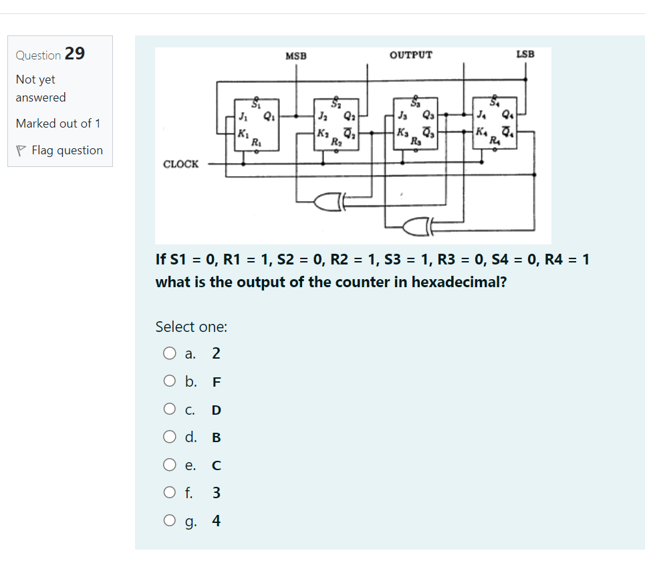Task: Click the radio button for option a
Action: coord(169,353)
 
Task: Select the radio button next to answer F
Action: coord(169,382)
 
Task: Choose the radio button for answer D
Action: coord(169,409)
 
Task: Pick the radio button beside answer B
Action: coord(169,437)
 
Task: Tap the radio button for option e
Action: coord(169,465)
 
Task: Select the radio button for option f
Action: coord(169,493)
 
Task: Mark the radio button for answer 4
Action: coord(169,521)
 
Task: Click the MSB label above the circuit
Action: coord(296,55)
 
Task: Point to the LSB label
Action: coord(525,53)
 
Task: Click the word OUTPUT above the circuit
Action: coord(410,55)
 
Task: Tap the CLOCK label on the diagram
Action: coord(181,164)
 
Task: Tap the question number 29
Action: coord(75,54)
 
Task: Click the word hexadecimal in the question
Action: coord(458,282)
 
